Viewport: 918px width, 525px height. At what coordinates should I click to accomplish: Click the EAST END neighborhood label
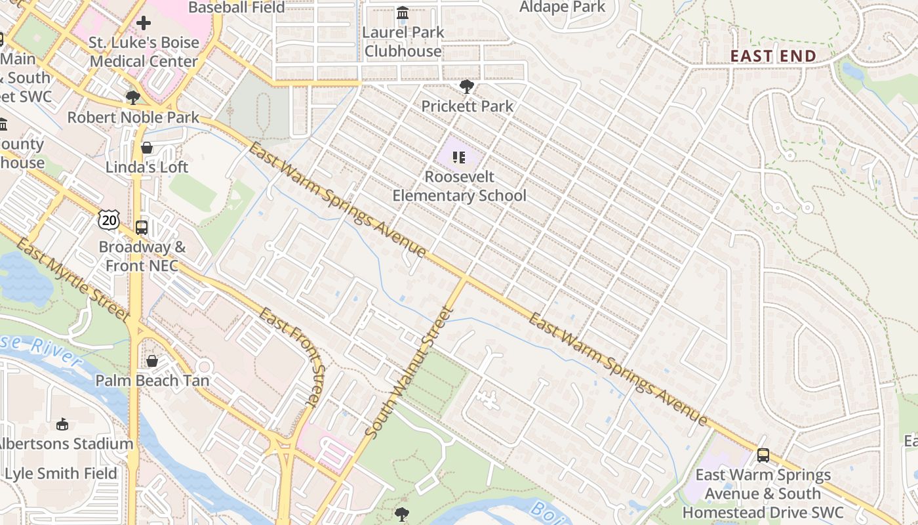pyautogui.click(x=773, y=56)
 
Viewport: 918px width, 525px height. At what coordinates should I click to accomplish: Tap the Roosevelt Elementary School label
pyautogui.click(x=459, y=186)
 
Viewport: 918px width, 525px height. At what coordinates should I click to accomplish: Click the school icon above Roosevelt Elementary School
pyautogui.click(x=459, y=157)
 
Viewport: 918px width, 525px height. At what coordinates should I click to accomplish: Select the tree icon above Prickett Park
pyautogui.click(x=467, y=86)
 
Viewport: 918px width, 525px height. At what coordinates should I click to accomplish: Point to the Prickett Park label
pyautogui.click(x=467, y=106)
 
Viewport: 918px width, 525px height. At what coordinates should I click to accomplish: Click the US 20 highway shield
pyautogui.click(x=109, y=220)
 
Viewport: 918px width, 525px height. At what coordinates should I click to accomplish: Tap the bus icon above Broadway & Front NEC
pyautogui.click(x=142, y=228)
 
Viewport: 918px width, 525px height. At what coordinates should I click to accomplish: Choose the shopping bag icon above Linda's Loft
pyautogui.click(x=147, y=148)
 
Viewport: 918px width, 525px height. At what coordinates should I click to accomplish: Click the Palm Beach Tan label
pyautogui.click(x=152, y=381)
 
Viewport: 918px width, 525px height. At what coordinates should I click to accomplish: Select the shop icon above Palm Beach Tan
pyautogui.click(x=152, y=361)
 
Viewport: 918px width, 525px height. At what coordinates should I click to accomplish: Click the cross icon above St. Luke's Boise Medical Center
pyautogui.click(x=144, y=24)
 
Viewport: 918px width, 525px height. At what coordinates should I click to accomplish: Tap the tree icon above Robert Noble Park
pyautogui.click(x=133, y=98)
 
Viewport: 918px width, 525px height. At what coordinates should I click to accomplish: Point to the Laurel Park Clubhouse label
pyautogui.click(x=403, y=41)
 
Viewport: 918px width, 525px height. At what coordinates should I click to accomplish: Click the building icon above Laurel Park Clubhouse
pyautogui.click(x=403, y=12)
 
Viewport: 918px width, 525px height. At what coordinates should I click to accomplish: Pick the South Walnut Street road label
pyautogui.click(x=407, y=372)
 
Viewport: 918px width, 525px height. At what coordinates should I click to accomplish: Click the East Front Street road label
pyautogui.click(x=293, y=357)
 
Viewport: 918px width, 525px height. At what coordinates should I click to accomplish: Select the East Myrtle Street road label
pyautogui.click(x=72, y=280)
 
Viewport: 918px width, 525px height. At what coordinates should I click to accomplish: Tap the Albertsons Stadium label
pyautogui.click(x=66, y=444)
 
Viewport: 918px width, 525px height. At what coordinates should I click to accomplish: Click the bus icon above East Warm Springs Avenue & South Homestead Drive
pyautogui.click(x=763, y=455)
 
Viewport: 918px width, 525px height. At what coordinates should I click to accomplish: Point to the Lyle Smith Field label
pyautogui.click(x=61, y=473)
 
